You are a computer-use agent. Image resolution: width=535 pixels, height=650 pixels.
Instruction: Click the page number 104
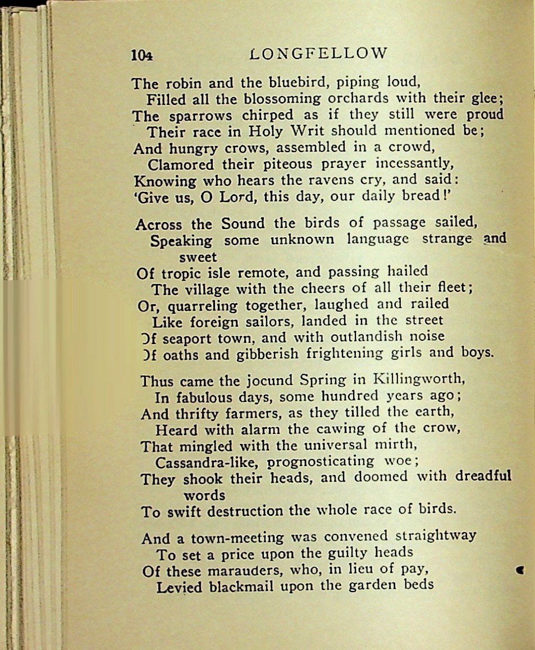[x=141, y=54]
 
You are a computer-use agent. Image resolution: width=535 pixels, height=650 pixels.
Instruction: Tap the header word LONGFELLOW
[x=318, y=53]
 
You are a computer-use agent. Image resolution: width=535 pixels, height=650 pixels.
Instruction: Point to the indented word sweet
[x=198, y=258]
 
